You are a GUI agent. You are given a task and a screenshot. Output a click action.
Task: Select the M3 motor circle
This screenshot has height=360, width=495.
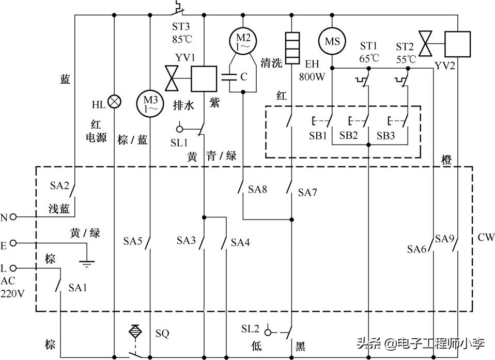coord(150,102)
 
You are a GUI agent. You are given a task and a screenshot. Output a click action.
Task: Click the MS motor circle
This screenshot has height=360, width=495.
coord(332,40)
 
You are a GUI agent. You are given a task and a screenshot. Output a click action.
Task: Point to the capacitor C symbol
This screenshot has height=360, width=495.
coord(228,77)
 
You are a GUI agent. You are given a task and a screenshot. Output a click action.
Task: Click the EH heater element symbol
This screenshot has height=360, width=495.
coord(292,49)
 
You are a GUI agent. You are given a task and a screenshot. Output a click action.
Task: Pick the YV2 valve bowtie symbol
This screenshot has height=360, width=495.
coord(427,43)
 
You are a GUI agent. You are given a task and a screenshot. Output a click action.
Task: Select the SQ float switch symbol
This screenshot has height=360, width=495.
coord(135,331)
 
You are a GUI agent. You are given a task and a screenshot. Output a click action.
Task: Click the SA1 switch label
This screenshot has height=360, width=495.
coord(78,287)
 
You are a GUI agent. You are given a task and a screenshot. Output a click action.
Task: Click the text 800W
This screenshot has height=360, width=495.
coord(312,76)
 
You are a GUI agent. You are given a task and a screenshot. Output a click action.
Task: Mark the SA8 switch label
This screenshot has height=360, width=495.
coord(257,190)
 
